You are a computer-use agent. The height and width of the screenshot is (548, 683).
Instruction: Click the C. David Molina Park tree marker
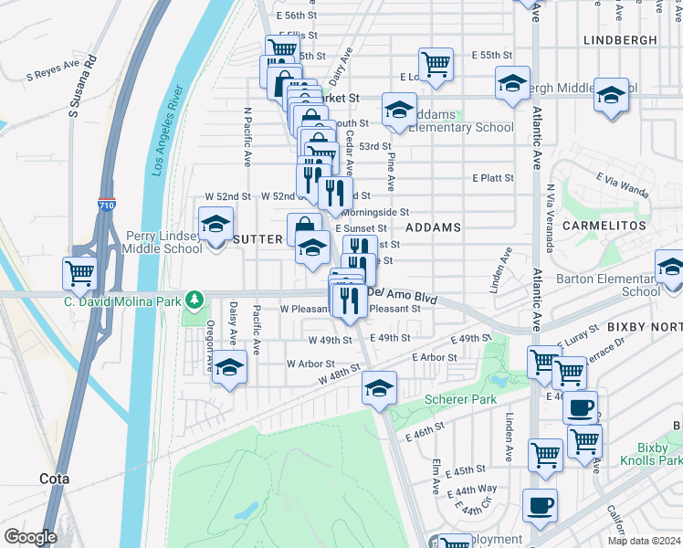[193, 300]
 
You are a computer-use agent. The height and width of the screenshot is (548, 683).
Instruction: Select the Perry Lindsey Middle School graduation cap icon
[216, 224]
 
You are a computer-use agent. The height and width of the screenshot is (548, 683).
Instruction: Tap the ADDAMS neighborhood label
[432, 227]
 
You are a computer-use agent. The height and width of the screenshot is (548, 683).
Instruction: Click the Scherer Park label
[460, 399]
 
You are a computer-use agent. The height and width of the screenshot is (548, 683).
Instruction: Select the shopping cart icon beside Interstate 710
[80, 272]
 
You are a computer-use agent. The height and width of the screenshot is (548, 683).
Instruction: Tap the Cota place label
[55, 478]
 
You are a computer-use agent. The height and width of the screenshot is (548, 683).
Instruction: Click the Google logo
[30, 537]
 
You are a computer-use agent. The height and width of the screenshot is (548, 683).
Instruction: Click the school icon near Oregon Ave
[230, 367]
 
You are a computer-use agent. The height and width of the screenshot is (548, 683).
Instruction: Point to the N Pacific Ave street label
[247, 137]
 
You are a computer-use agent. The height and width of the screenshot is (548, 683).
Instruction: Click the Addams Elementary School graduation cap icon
[399, 110]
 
